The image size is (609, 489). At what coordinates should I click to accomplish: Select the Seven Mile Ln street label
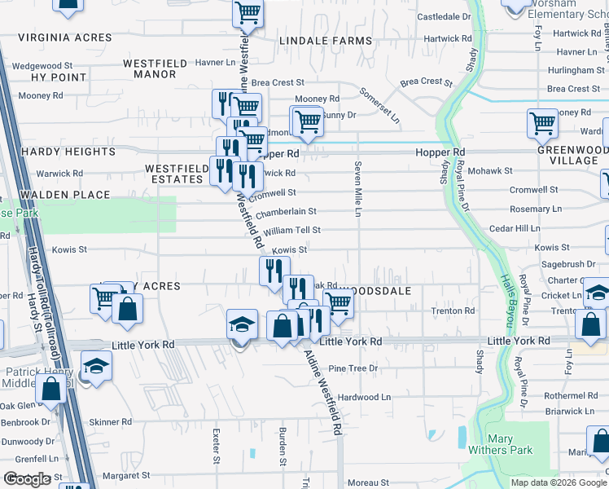point(357,189)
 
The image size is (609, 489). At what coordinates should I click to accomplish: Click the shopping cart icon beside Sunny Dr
point(307,122)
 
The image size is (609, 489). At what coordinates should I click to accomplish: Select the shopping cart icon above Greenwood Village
point(542,125)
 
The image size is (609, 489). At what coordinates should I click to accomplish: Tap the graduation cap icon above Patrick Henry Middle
point(96,366)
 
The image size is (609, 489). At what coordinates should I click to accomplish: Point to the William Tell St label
point(291,231)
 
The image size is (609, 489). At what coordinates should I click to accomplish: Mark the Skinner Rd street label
point(104,421)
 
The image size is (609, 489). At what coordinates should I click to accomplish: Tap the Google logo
point(27,479)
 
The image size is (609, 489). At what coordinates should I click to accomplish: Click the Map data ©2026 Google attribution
point(558,482)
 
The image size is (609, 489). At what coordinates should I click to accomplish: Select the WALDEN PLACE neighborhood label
point(65,195)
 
